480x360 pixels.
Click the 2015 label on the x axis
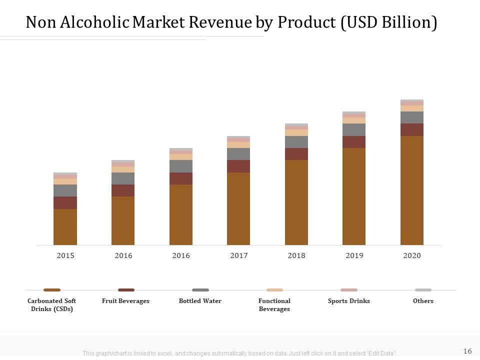click(65, 255)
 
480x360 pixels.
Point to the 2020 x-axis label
click(412, 255)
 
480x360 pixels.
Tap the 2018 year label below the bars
click(296, 255)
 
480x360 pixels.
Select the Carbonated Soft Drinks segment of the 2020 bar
click(412, 190)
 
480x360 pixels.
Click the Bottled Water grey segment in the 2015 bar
click(65, 190)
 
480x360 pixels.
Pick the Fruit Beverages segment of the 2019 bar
click(354, 142)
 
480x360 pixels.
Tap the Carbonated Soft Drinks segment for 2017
click(238, 208)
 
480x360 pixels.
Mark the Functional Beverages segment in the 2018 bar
click(296, 133)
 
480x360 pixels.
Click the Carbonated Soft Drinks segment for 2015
click(65, 227)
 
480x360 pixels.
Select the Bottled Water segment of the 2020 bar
click(412, 117)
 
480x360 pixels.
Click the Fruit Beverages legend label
click(125, 301)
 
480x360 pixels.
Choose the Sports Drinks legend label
click(349, 301)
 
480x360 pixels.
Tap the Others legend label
click(423, 301)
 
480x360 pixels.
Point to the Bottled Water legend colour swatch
click(200, 290)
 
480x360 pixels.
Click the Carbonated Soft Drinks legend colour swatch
click(52, 290)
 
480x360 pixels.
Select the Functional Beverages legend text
click(274, 305)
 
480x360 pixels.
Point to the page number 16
click(468, 350)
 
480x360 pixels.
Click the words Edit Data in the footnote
click(381, 353)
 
